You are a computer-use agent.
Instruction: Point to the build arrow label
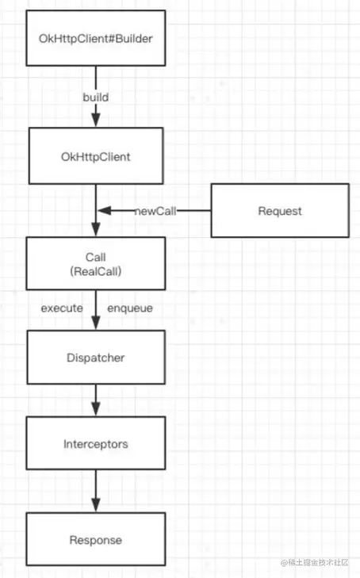(x=96, y=98)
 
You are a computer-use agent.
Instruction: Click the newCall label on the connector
(x=155, y=211)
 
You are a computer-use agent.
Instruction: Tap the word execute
(x=62, y=308)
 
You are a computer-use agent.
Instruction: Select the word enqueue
(x=130, y=308)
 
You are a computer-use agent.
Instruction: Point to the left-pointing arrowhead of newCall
(x=105, y=210)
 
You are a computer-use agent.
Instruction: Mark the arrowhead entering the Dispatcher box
(x=96, y=323)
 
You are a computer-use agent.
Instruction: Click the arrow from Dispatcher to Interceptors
(x=96, y=400)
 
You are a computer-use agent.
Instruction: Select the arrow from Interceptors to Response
(x=96, y=491)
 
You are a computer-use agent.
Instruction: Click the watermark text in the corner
(x=315, y=562)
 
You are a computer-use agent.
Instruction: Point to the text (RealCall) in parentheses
(x=96, y=272)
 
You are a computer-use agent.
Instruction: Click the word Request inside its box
(x=280, y=211)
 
